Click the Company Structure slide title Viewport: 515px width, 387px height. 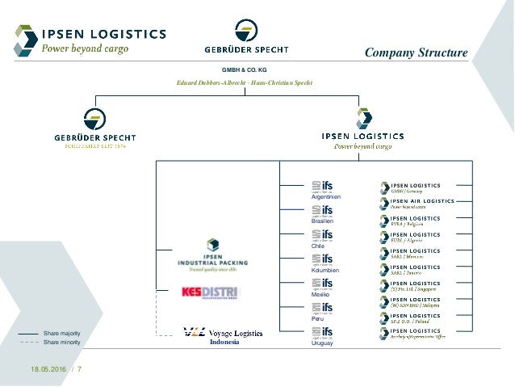coord(416,53)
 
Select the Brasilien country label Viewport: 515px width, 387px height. coord(322,221)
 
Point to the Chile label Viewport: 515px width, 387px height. coord(317,246)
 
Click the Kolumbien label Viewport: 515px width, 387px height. coord(323,270)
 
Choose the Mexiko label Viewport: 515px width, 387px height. coord(320,295)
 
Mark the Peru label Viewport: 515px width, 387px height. coord(316,319)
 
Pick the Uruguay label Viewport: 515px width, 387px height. coord(321,343)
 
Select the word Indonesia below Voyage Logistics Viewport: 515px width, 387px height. coord(224,342)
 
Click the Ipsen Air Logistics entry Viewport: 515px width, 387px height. coord(415,203)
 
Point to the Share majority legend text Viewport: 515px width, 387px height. coord(61,333)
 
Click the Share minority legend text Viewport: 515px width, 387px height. coord(61,342)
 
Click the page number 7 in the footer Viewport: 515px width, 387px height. coord(80,370)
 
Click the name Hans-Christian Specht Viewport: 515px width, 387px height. coord(283,83)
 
